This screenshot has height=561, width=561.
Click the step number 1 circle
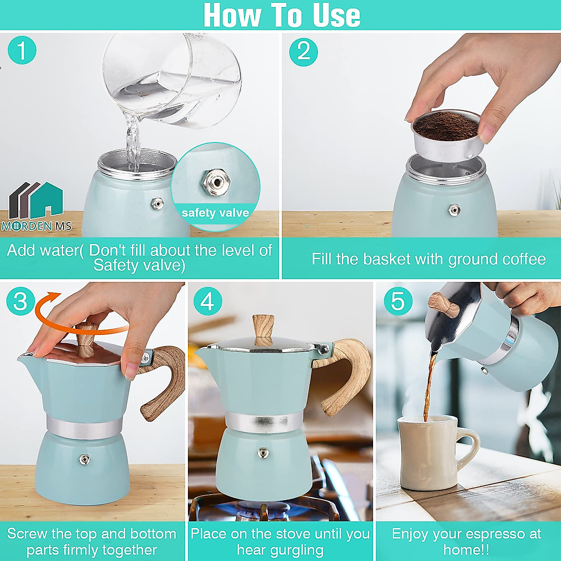[22, 50]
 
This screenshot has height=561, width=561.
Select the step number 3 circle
[21, 302]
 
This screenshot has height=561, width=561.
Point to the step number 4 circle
[207, 302]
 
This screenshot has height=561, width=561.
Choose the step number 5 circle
[398, 302]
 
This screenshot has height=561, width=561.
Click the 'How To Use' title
[281, 15]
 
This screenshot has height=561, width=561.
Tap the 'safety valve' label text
[215, 213]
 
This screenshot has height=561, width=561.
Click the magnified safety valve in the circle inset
[213, 182]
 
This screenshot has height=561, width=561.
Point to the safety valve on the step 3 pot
[84, 460]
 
